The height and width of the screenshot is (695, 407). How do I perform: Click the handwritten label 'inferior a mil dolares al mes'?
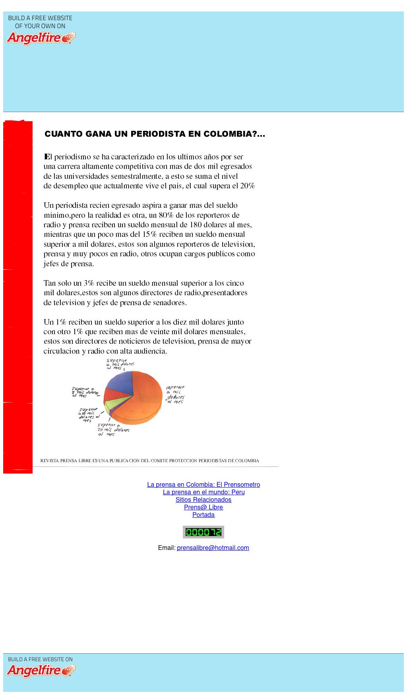tap(175, 394)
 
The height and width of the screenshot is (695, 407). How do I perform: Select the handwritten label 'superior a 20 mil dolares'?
tap(113, 430)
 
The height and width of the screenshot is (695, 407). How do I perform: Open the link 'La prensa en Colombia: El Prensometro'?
tap(203, 484)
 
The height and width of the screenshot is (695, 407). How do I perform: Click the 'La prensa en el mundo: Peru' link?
tap(203, 492)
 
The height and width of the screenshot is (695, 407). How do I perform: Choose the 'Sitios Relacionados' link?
tap(203, 499)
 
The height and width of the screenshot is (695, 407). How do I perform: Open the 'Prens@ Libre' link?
tap(203, 507)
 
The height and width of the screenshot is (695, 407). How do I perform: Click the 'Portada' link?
tap(203, 515)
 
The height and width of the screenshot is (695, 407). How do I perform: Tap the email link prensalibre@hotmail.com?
tap(213, 548)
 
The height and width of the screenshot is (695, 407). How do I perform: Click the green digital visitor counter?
tap(203, 532)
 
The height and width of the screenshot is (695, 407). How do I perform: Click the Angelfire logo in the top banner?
tap(41, 38)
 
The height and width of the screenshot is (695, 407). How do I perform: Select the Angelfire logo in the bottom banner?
tap(41, 671)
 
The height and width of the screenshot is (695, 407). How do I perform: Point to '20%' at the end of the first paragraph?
tap(247, 186)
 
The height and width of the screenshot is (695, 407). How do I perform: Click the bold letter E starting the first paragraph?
tap(46, 157)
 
